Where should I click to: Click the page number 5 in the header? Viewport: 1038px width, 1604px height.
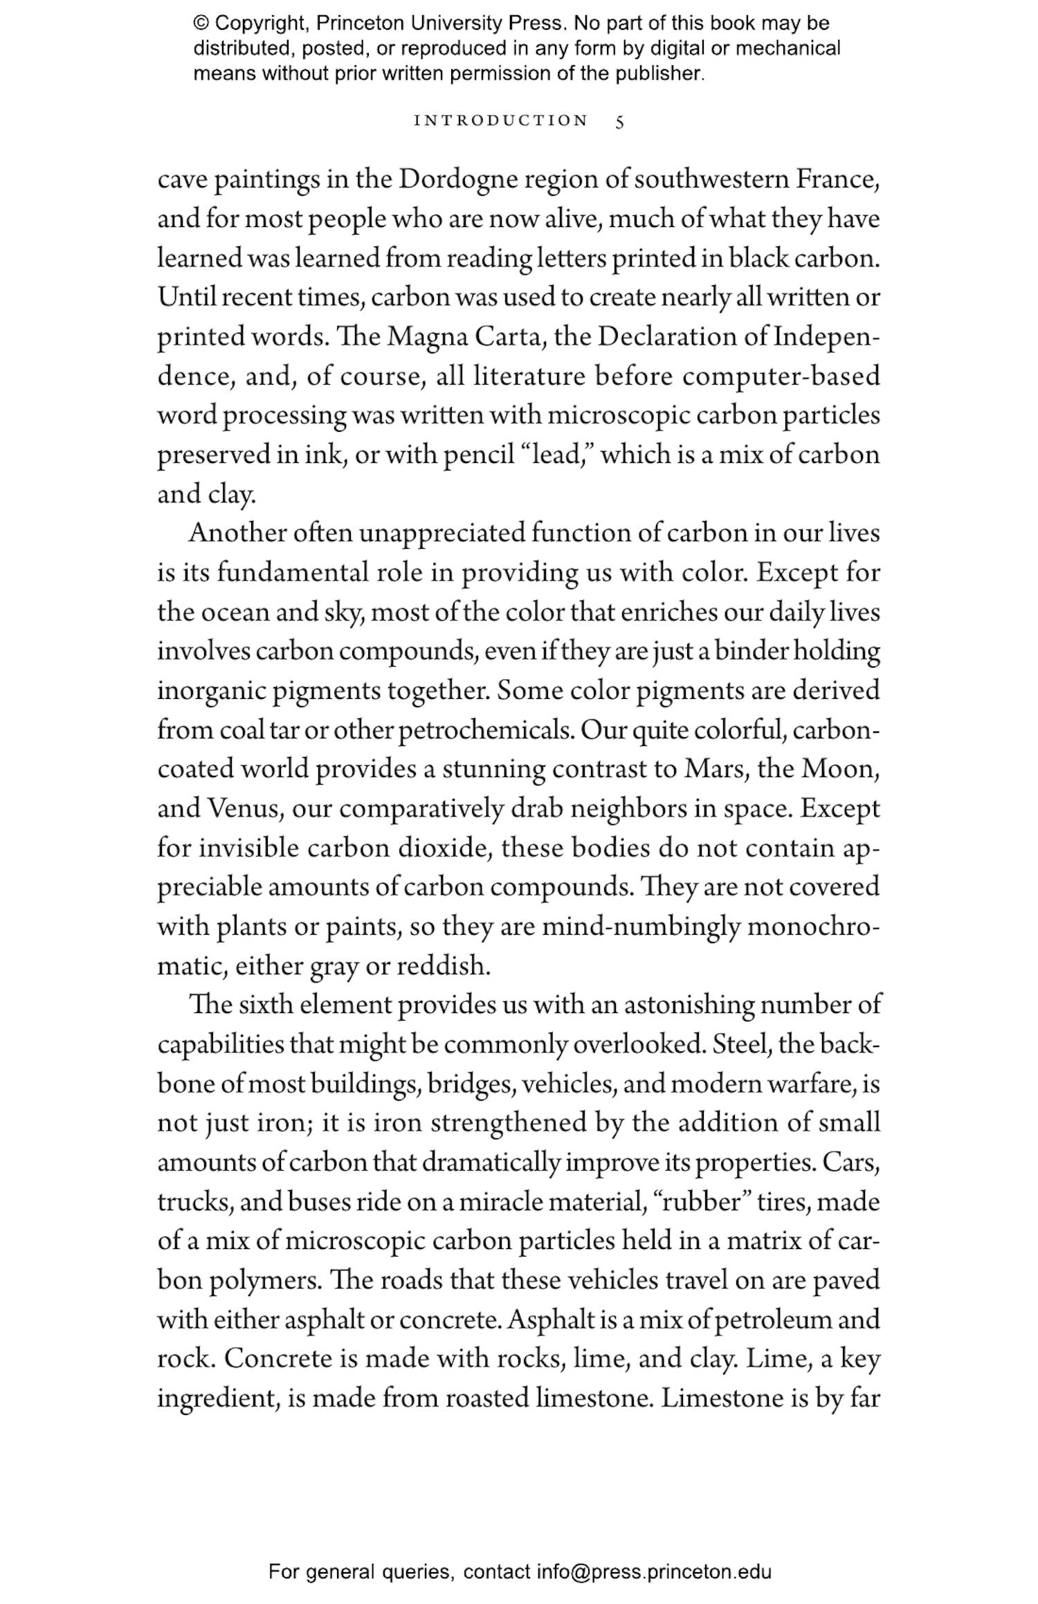click(619, 122)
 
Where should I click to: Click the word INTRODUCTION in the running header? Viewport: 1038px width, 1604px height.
click(500, 121)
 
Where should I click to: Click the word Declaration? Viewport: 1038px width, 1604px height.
click(666, 337)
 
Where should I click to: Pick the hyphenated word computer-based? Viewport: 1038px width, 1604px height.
click(781, 376)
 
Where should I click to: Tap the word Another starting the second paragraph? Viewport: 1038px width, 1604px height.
click(237, 534)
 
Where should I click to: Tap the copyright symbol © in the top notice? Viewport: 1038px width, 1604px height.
click(201, 24)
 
